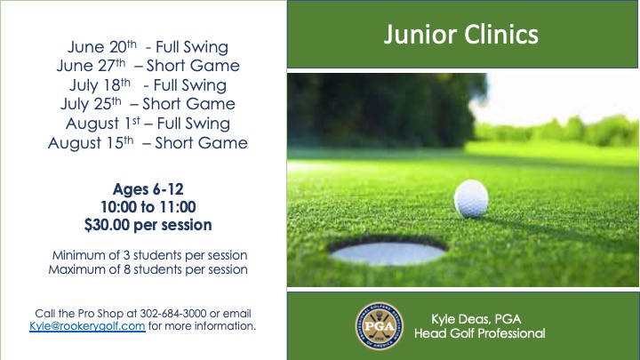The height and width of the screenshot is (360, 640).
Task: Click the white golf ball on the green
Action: [471, 199]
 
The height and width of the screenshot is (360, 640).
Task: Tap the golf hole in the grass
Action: [388, 252]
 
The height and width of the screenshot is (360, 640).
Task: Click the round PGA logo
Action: [380, 325]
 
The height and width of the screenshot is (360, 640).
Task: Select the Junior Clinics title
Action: [461, 35]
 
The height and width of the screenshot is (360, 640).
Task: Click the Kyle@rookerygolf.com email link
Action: [87, 326]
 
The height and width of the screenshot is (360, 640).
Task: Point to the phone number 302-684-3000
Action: [173, 314]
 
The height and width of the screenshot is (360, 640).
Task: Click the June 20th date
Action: [102, 46]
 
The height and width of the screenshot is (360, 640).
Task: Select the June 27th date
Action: [91, 65]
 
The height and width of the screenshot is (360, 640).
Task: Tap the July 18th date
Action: [100, 85]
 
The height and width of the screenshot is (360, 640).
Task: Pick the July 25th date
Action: [91, 104]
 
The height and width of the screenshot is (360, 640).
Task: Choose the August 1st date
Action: [103, 124]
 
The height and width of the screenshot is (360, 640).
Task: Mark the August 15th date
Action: [91, 143]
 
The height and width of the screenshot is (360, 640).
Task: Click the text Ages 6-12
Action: [148, 189]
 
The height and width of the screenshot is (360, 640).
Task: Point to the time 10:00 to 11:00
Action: [148, 207]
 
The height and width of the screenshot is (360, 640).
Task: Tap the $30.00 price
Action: [107, 225]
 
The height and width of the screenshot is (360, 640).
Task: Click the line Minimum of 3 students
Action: [149, 255]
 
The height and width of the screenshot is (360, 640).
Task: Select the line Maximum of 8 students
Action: [148, 269]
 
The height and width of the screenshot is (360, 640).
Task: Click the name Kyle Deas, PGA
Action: [476, 319]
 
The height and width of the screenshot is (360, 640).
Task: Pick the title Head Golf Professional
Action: [480, 333]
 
